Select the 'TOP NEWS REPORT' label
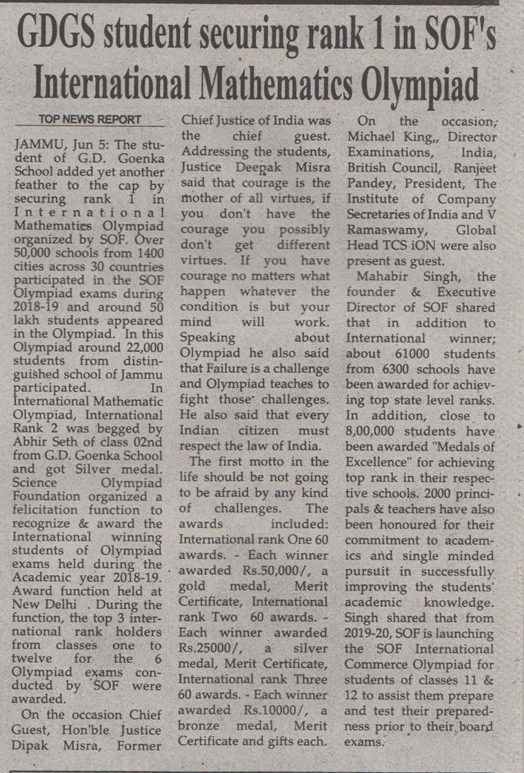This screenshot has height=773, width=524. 90,119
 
